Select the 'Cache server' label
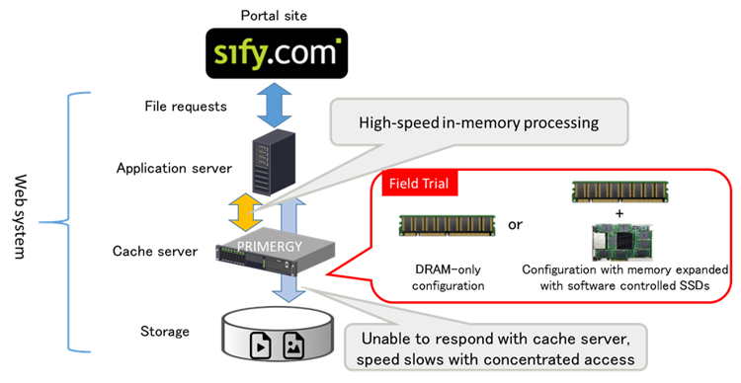coord(155,252)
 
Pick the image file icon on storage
coord(293,345)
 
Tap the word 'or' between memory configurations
coord(516,223)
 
